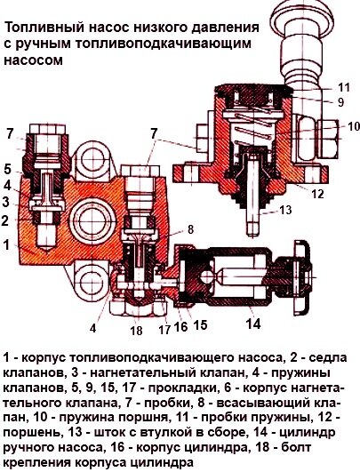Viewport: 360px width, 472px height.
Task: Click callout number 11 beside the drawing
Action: [344, 87]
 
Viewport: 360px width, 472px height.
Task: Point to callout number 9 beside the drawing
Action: [340, 102]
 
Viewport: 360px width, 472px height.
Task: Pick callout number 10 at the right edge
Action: [353, 126]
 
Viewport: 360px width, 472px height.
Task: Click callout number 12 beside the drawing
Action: [317, 194]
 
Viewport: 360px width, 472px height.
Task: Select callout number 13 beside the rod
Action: [285, 210]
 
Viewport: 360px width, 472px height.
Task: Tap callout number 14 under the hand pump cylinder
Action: [252, 324]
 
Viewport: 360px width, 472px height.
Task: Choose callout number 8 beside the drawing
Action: [190, 229]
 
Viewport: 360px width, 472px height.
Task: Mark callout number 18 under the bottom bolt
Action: [136, 331]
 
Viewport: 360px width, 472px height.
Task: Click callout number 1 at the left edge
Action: [6, 245]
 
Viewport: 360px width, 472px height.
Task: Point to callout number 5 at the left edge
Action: [7, 170]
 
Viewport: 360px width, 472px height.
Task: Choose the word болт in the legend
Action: [296, 448]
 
